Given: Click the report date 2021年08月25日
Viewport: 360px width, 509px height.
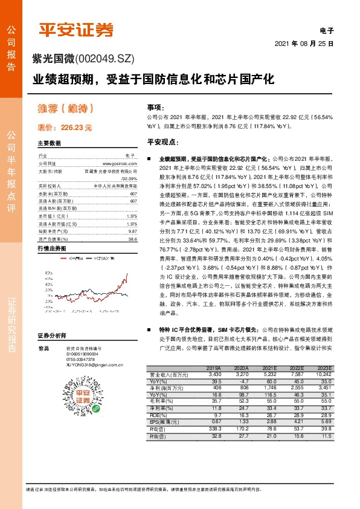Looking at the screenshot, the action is click(x=304, y=44).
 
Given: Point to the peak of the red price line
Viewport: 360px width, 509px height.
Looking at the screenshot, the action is click(x=126, y=274).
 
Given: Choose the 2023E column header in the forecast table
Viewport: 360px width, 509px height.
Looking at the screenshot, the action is click(x=325, y=367).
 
